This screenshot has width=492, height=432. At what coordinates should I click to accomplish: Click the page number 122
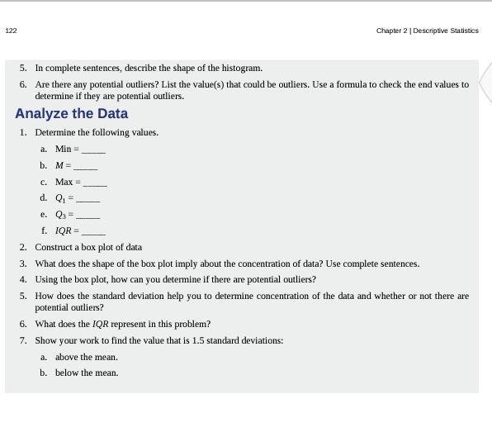(x=10, y=31)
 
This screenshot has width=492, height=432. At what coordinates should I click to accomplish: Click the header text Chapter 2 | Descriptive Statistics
(x=427, y=31)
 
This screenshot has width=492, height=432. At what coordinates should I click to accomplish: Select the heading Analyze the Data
(x=71, y=113)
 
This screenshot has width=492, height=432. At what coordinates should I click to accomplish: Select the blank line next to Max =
(x=95, y=183)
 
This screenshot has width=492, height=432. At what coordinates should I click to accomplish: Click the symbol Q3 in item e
(x=60, y=214)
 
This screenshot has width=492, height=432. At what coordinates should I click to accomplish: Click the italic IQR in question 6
(x=110, y=323)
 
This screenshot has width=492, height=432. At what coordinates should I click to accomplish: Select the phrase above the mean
(x=86, y=357)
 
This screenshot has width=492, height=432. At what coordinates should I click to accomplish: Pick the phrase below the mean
(x=86, y=373)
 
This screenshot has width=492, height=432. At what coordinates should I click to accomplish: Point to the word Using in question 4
(x=46, y=279)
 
